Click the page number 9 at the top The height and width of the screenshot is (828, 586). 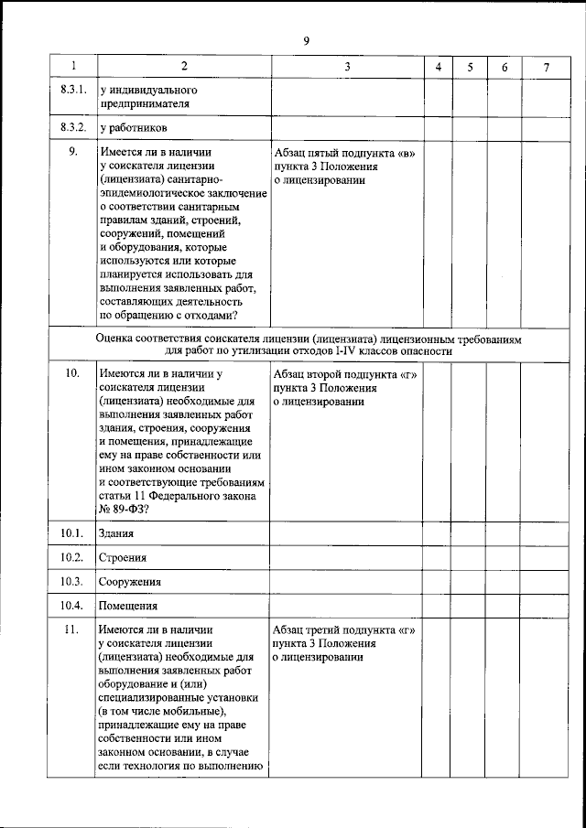pyautogui.click(x=307, y=40)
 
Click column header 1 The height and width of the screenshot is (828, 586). pyautogui.click(x=72, y=67)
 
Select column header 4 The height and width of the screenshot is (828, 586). pyautogui.click(x=439, y=67)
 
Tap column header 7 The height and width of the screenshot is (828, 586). pyautogui.click(x=546, y=67)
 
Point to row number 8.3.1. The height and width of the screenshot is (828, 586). pyautogui.click(x=72, y=91)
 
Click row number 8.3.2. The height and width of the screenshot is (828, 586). pyautogui.click(x=72, y=128)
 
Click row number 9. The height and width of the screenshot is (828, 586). pyautogui.click(x=72, y=153)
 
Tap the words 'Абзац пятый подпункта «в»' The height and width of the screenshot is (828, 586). pyautogui.click(x=344, y=153)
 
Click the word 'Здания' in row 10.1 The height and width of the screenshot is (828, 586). pyautogui.click(x=117, y=533)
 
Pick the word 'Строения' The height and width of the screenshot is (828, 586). pyautogui.click(x=123, y=557)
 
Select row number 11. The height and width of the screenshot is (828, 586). pyautogui.click(x=72, y=629)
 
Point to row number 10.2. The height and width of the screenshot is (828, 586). pyautogui.click(x=72, y=557)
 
